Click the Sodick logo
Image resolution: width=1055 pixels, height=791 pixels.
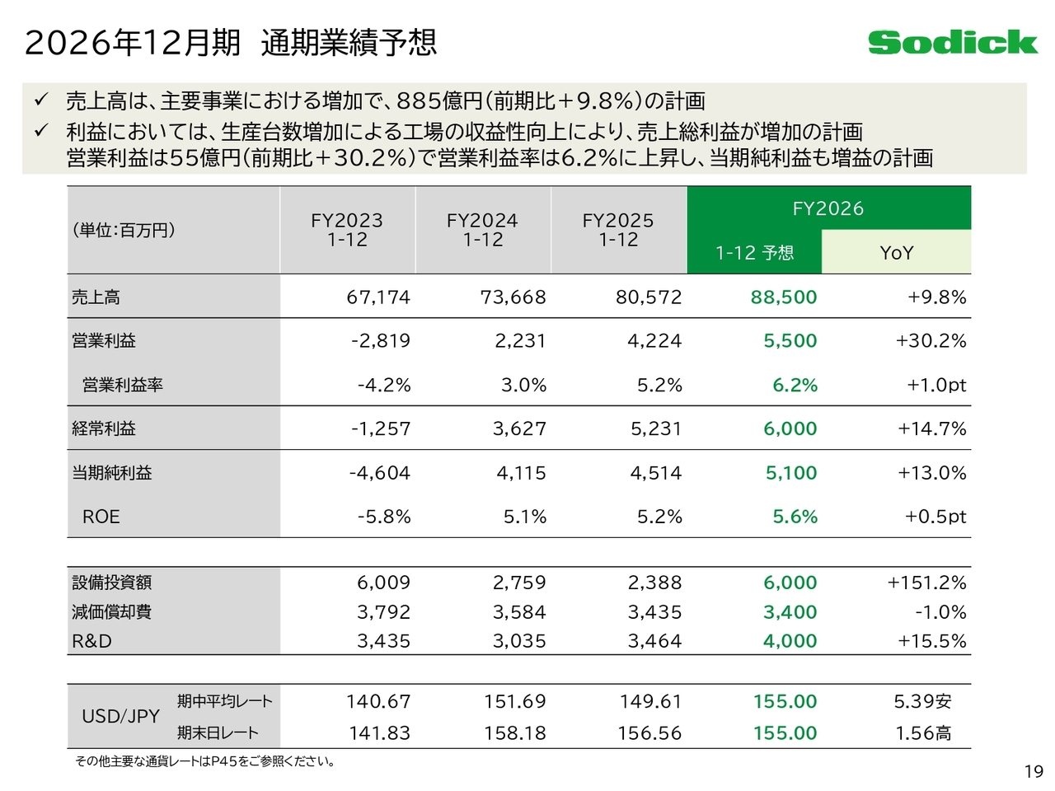point(952,42)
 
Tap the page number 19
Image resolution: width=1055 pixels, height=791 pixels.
point(1034,772)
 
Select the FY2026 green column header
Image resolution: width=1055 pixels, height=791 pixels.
point(828,208)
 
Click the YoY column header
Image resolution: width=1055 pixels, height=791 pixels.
point(896,253)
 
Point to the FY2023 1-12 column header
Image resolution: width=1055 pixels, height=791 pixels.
point(347,230)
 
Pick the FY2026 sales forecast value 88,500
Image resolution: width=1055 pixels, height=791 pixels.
point(783,297)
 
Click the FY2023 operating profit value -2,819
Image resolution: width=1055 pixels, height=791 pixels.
point(380,341)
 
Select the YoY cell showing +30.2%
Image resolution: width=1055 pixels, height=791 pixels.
point(931,341)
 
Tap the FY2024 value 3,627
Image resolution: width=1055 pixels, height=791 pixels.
point(518,428)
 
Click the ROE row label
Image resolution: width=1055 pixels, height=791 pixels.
point(101,517)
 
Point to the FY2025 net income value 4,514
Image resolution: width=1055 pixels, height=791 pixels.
point(655,473)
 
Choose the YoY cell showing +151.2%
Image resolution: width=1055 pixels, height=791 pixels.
point(926,583)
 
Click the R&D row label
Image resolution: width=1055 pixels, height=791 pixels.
point(91,641)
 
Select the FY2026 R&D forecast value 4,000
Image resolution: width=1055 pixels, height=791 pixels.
point(790,641)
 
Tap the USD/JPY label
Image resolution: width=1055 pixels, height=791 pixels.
point(120,716)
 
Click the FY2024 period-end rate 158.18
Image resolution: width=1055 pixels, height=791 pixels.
point(514,732)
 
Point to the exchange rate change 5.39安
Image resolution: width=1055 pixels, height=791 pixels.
point(922,701)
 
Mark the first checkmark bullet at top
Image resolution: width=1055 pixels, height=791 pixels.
point(41,101)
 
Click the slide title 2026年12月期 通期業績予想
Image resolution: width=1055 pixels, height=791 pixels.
point(231,42)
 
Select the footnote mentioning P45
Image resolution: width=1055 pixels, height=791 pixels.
point(204,761)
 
